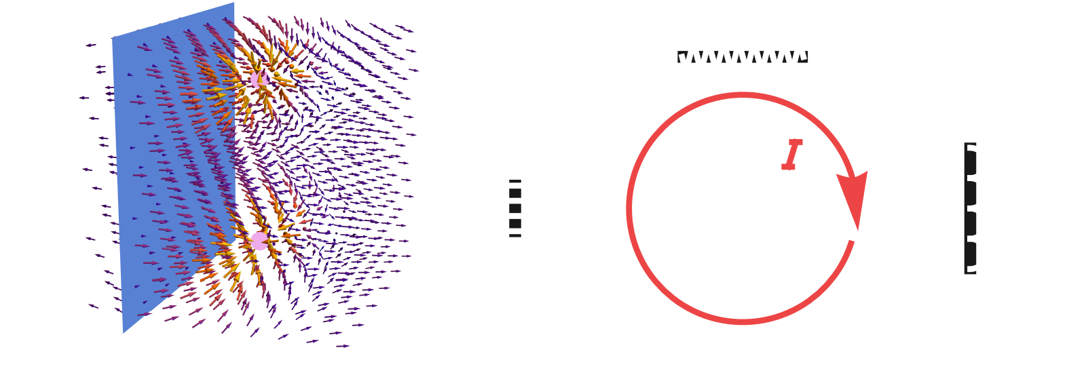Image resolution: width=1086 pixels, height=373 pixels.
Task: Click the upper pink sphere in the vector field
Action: coord(259,79)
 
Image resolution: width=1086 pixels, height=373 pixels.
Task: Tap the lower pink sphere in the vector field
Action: coord(259,241)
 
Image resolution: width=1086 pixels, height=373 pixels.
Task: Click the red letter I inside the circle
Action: coord(791,155)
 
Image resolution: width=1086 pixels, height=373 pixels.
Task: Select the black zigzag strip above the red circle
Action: coord(743,57)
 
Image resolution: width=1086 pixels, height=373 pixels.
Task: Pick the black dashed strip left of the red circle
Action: coord(515,208)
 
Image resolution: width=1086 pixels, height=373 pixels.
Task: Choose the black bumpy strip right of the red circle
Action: coord(970,208)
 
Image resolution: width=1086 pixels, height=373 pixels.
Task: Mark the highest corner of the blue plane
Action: coord(234,3)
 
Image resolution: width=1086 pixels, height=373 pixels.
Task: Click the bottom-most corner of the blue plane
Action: coord(123,333)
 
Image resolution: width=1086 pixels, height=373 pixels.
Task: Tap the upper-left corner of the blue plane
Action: coord(113,38)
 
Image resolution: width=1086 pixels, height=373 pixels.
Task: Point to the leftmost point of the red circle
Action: coord(629,208)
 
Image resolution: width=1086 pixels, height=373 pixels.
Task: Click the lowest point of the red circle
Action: coord(743,322)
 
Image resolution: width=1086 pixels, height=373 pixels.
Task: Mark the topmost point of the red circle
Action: coord(743,95)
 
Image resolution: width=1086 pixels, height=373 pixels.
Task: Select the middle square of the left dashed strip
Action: coord(515,208)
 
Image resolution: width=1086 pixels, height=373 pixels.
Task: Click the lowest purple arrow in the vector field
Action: coord(343,346)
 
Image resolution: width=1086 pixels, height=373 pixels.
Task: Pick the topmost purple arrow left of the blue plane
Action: coord(91,45)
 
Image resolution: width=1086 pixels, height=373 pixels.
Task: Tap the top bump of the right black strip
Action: coord(970,163)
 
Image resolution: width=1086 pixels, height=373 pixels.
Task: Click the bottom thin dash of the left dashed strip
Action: coord(515,236)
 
